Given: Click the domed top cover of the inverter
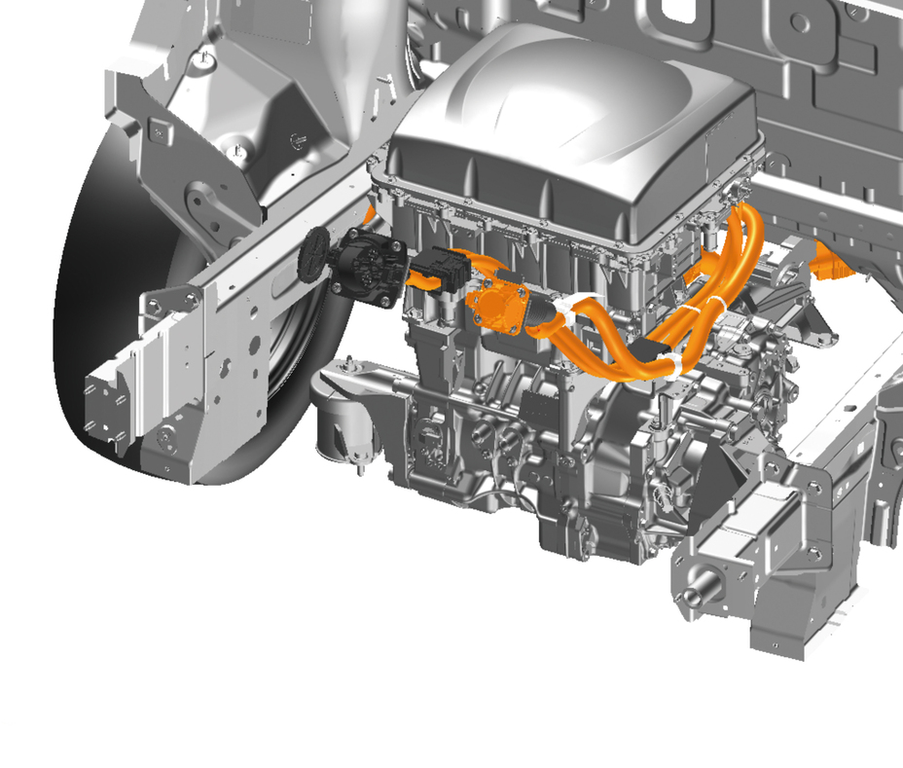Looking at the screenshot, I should [x=574, y=107].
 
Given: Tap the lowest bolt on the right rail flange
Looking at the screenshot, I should [x=813, y=555].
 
